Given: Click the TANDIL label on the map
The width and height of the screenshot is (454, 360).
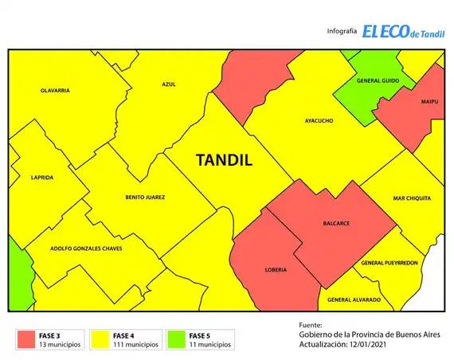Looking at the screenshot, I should click(224, 160).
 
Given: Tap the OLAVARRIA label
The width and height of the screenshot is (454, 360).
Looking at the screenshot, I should click(55, 91).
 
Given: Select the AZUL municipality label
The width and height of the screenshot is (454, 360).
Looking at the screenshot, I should click(168, 84).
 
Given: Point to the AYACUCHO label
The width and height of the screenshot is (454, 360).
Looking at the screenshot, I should click(319, 121).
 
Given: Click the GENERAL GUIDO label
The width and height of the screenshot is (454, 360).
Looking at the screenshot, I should click(378, 81).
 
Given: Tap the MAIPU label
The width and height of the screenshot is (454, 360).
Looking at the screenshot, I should click(429, 102).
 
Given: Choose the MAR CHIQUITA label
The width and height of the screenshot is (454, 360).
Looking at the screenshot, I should click(412, 198).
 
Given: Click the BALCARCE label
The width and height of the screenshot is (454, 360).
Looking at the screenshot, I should click(336, 223).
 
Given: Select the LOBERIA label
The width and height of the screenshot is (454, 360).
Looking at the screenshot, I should click(275, 270).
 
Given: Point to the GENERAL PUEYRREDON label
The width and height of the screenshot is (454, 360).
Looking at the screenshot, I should click(389, 263).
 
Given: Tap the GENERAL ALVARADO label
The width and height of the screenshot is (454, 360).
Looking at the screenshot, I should click(354, 299).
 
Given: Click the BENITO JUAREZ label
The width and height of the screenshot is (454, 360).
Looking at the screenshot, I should click(145, 198).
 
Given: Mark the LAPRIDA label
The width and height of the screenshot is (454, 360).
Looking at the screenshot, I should click(41, 178).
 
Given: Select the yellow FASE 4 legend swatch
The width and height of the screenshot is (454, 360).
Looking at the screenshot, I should click(101, 340).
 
